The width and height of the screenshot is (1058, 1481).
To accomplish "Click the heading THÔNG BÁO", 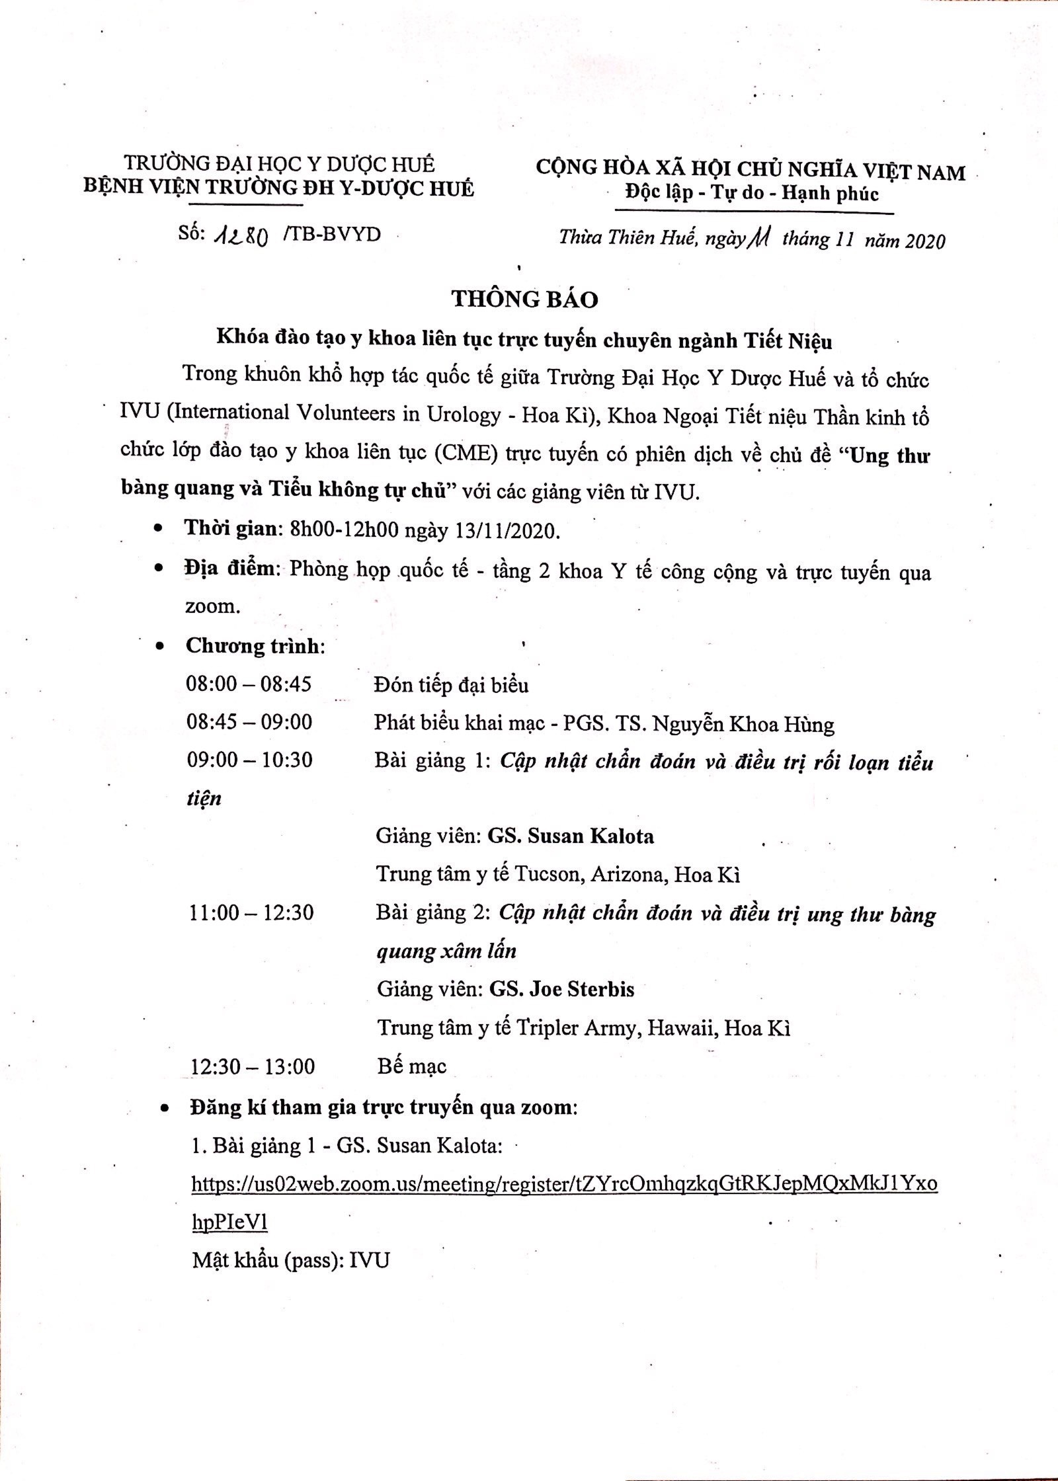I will [525, 299].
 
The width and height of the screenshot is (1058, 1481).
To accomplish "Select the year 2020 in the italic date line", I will [925, 241].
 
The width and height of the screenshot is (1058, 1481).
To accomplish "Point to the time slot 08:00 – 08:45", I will [249, 684].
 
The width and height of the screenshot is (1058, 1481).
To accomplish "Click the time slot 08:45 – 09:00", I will [249, 721].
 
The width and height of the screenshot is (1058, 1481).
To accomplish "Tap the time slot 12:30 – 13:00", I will [253, 1066].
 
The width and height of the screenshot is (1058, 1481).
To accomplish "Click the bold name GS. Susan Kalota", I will [571, 836].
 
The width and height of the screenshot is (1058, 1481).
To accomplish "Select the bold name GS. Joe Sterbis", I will [561, 989].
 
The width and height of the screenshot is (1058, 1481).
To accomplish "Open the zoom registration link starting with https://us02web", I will [564, 1184].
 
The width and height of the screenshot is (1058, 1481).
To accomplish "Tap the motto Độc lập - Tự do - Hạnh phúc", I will [752, 194].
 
